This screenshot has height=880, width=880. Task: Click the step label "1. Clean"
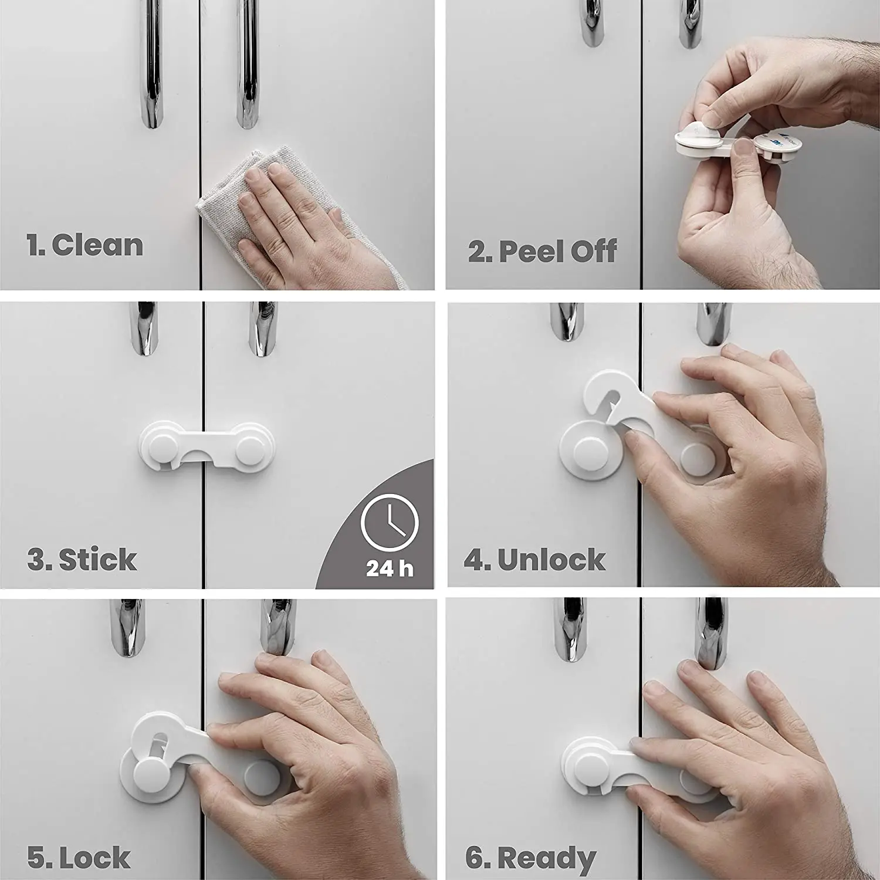pyautogui.click(x=85, y=245)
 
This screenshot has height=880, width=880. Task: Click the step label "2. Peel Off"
pyautogui.click(x=542, y=251)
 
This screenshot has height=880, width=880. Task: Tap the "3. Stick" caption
pyautogui.click(x=82, y=559)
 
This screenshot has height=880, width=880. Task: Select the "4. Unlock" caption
pyautogui.click(x=534, y=560)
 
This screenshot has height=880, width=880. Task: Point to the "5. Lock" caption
pyautogui.click(x=79, y=858)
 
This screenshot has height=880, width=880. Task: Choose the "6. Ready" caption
pyautogui.click(x=530, y=858)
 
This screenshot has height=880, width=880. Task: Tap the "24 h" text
pyautogui.click(x=390, y=568)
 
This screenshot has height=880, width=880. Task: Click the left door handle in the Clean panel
pyautogui.click(x=152, y=65)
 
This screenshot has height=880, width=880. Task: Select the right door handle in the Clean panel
pyautogui.click(x=247, y=65)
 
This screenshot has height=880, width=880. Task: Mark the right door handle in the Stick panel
pyautogui.click(x=262, y=329)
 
